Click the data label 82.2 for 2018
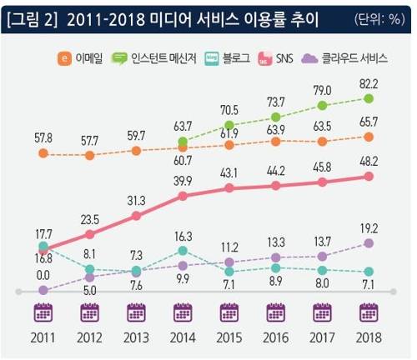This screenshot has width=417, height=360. point(368,83)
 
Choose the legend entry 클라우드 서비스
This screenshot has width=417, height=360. point(354,58)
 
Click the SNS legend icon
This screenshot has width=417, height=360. point(288,59)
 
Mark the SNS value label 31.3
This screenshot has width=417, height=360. point(136,200)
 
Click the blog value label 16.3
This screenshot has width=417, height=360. point(183,236)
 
